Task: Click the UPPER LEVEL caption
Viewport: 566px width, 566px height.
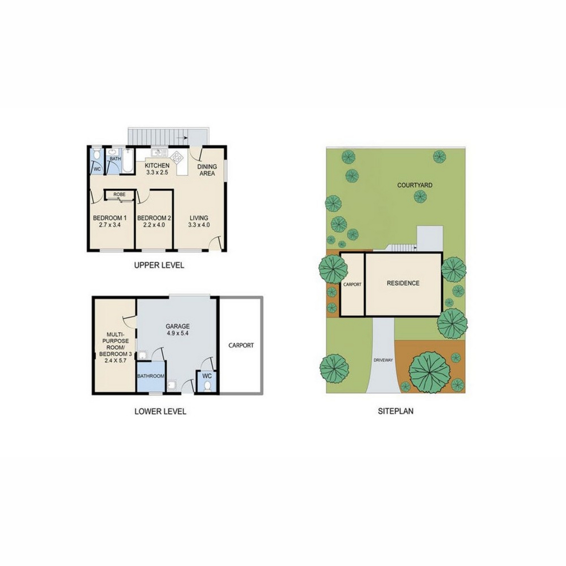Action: (159, 265)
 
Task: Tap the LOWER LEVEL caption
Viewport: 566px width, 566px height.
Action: (160, 411)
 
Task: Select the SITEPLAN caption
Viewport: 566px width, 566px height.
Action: (395, 411)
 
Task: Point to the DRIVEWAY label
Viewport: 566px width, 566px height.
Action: (383, 360)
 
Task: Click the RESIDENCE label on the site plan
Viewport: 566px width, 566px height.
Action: (403, 283)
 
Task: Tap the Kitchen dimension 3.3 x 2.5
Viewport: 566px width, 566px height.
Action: (157, 173)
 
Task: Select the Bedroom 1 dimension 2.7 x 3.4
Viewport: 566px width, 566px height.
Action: (109, 225)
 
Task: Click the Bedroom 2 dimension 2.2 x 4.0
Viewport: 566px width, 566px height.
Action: (154, 225)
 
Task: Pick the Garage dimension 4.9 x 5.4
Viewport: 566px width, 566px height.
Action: (177, 333)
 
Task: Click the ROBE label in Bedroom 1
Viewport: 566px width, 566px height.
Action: (119, 194)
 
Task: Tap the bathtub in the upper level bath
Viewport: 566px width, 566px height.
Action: (128, 161)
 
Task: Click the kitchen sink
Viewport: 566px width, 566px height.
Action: (159, 152)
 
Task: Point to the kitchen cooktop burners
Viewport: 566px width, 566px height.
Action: (177, 157)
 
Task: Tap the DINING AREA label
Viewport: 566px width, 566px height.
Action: (207, 170)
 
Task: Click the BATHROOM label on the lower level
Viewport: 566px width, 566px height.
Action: (150, 376)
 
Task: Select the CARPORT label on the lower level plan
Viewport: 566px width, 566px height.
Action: (241, 345)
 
